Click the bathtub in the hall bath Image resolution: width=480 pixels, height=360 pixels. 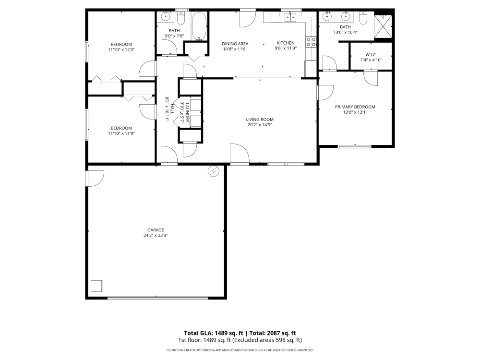pyautogui.click(x=199, y=26)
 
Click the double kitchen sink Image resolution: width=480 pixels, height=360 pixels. pyautogui.click(x=290, y=18)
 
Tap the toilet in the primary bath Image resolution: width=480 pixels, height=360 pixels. pyautogui.click(x=363, y=18)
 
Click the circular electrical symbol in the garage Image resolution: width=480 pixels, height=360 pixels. pyautogui.click(x=213, y=171)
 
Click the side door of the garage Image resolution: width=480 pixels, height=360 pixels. pyautogui.click(x=94, y=178)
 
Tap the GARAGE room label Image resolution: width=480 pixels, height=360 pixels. pyautogui.click(x=156, y=230)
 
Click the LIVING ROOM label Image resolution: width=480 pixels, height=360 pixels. pyautogui.click(x=260, y=120)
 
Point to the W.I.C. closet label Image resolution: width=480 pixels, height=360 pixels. pyautogui.click(x=371, y=55)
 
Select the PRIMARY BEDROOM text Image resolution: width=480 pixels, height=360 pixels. pyautogui.click(x=355, y=107)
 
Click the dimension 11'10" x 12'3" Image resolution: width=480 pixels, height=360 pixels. pyautogui.click(x=121, y=49)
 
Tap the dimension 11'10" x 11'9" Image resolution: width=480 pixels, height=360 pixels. pyautogui.click(x=121, y=133)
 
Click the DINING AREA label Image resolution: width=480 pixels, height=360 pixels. pyautogui.click(x=235, y=44)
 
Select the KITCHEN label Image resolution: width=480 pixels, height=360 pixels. pyautogui.click(x=286, y=43)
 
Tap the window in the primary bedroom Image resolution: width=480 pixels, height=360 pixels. pyautogui.click(x=355, y=146)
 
